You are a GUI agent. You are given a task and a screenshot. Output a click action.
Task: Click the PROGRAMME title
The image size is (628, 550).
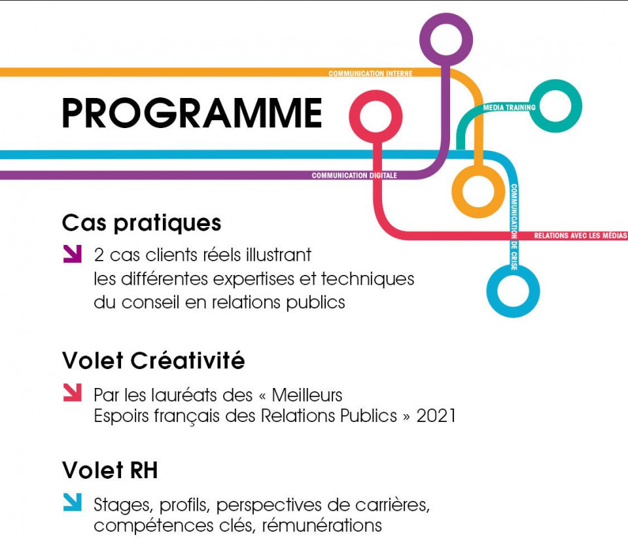192,113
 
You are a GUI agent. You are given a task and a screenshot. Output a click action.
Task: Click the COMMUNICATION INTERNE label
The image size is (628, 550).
370,74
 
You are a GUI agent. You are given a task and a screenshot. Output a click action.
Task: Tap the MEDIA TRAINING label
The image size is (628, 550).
509,108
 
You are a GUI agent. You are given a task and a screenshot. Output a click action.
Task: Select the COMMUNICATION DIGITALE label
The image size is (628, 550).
354,175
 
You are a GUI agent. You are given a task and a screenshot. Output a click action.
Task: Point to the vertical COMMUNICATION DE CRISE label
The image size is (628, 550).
514,227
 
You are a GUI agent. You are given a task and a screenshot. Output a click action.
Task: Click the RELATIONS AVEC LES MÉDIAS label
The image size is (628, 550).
580,236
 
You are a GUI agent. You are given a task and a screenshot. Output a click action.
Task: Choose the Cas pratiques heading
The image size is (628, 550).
142,223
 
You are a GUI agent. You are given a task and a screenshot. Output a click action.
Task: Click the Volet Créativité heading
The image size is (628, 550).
153,361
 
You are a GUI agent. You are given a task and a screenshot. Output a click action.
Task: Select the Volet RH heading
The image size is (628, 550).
110,470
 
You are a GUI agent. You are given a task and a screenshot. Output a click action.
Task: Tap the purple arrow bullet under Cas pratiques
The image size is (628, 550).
73,253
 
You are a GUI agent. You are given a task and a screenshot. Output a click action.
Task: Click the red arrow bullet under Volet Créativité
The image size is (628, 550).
73,393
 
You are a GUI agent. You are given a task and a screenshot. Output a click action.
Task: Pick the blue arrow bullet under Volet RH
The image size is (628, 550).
73,502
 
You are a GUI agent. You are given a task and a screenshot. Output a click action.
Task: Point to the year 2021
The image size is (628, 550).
436,416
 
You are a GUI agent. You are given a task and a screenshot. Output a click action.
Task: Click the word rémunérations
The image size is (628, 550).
322,526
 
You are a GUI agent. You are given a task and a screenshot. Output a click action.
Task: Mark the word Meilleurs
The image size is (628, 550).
307,395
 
